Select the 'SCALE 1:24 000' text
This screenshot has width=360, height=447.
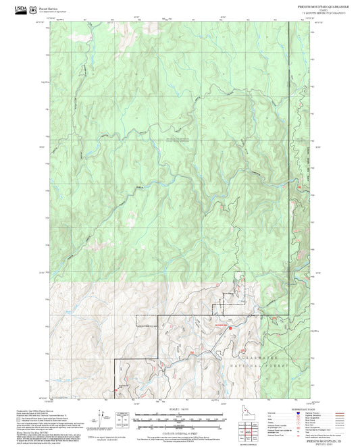tap(180, 410)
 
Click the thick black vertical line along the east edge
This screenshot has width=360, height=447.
tap(291, 135)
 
